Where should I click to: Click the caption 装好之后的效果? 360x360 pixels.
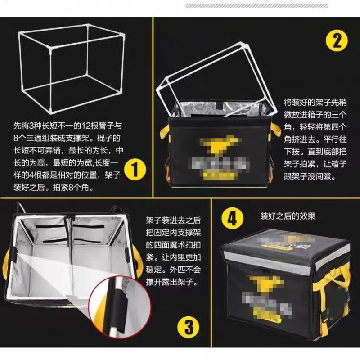(288, 216)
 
